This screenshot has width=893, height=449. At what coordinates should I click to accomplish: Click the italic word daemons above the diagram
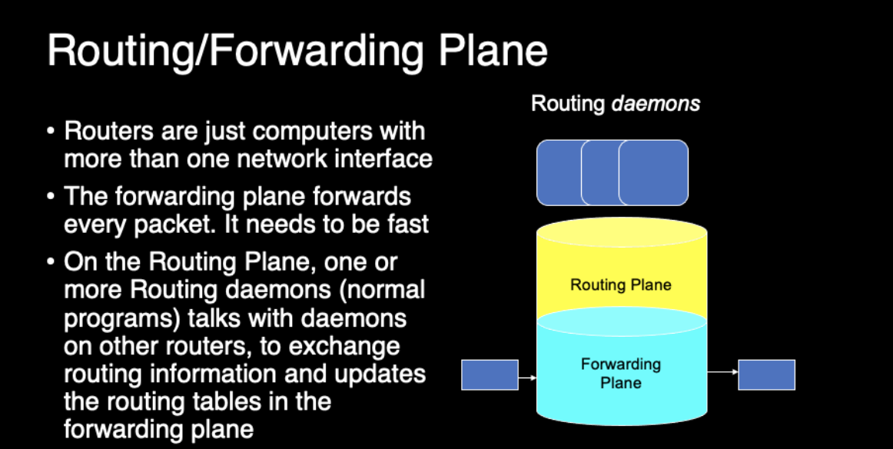click(656, 103)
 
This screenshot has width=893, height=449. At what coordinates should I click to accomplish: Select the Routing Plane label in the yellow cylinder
click(620, 285)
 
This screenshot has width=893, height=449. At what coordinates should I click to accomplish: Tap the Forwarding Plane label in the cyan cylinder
click(620, 373)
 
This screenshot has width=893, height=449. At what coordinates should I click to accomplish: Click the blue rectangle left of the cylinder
click(490, 374)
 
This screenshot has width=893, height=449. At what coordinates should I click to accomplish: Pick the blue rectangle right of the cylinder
click(766, 374)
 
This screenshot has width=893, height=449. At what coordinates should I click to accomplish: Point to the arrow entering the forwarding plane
click(527, 377)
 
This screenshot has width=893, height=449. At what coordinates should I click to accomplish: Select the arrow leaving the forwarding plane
click(722, 373)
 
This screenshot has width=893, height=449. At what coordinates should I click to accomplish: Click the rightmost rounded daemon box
click(654, 172)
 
